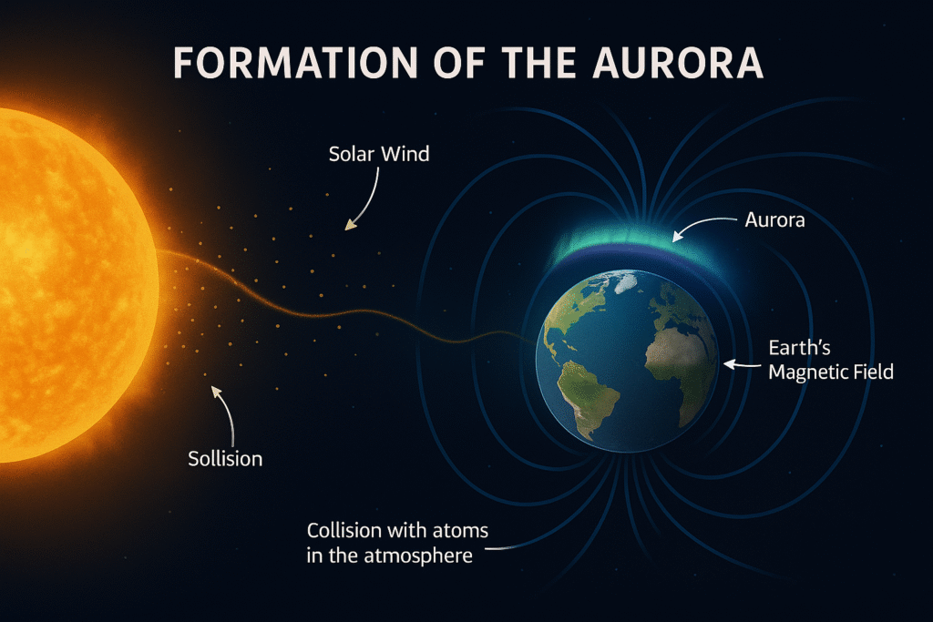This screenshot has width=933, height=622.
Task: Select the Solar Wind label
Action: (x=379, y=154)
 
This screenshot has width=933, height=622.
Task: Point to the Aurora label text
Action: (x=774, y=219)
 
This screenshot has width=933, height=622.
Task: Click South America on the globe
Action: (x=590, y=392)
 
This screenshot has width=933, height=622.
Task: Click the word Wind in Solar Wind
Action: (x=405, y=154)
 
